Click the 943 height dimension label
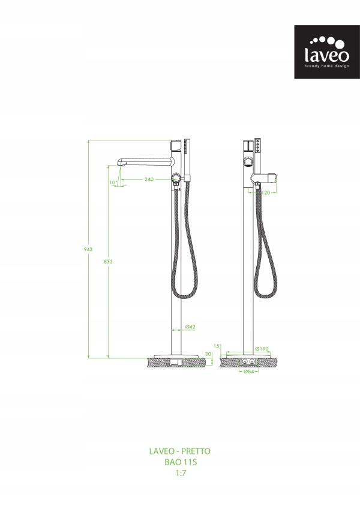click(x=88, y=249)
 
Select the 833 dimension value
click(x=108, y=261)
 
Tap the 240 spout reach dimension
click(x=149, y=179)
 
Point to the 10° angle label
click(x=113, y=182)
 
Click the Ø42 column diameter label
click(x=190, y=327)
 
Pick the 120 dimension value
click(x=266, y=193)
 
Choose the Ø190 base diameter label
click(x=262, y=349)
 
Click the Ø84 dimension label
click(x=248, y=372)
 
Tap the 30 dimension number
click(x=208, y=354)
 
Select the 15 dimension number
click(x=217, y=346)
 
